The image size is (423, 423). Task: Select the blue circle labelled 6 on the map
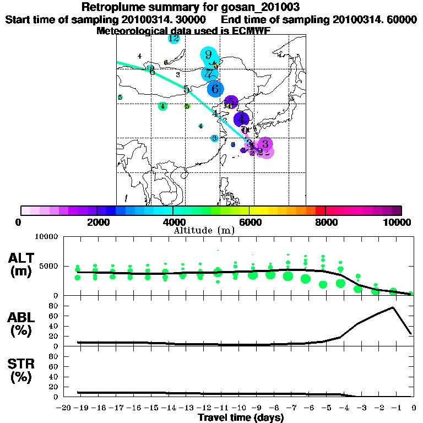(x=215, y=88)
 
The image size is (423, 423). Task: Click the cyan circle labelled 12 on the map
(x=173, y=39)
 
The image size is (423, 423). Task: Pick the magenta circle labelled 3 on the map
(x=265, y=144)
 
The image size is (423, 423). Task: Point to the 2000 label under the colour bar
(x=97, y=223)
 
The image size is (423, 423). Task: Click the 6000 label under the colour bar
(x=250, y=223)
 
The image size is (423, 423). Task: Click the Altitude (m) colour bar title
(x=204, y=230)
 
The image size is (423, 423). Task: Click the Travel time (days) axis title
(x=241, y=417)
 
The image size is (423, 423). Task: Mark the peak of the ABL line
(x=393, y=307)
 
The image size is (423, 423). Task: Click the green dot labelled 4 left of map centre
(x=162, y=106)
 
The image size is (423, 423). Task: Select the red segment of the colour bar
(x=321, y=210)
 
